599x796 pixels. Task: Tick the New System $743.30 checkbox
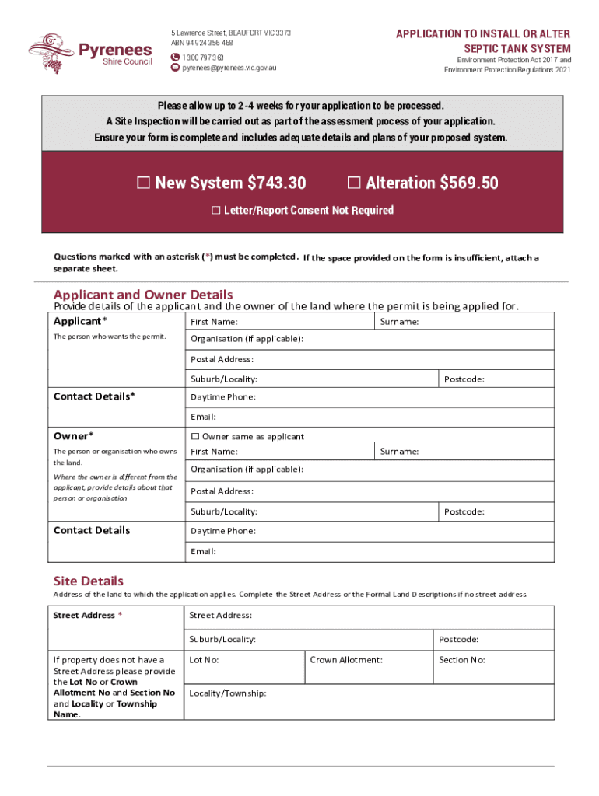coord(143,183)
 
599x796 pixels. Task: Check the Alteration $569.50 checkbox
coord(354,183)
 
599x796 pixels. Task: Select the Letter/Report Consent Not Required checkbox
coord(216,211)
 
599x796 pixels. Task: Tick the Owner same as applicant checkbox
coord(195,437)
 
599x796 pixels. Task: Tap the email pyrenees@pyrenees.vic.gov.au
coord(229,68)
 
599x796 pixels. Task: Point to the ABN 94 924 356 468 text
coord(201,43)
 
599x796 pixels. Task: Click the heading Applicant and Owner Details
coord(143,295)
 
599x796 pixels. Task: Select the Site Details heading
coord(88,581)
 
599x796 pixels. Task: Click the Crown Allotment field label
coord(346,660)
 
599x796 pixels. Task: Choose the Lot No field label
coord(204,660)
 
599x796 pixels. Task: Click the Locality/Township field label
coord(228,693)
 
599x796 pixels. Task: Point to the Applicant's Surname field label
coord(400,321)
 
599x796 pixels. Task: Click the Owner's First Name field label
coord(215,452)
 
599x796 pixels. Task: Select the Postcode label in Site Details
coord(458,640)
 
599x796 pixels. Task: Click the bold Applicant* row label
coord(80,321)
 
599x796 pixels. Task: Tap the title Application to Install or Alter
coord(483,34)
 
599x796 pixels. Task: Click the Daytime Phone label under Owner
coord(223,531)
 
